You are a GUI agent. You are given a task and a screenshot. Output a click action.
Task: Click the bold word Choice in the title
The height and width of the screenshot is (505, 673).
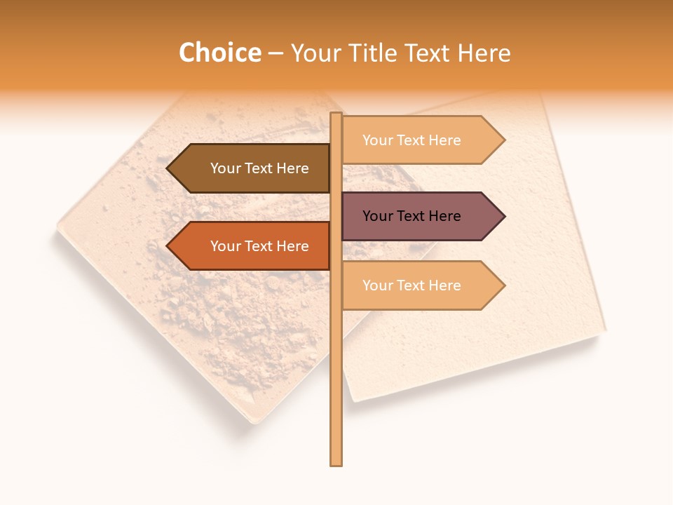pos(219,53)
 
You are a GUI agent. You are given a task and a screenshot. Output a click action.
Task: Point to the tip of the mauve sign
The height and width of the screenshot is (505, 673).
pos(503,216)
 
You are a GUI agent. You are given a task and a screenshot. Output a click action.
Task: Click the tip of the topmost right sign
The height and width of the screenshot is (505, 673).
pos(503,140)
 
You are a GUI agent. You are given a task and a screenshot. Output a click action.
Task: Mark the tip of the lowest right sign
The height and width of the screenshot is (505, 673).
pos(503,285)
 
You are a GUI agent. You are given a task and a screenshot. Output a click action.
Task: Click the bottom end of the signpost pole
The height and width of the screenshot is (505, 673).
pos(336,463)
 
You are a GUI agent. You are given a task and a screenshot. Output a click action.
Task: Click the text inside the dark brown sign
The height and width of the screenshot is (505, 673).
pos(259,168)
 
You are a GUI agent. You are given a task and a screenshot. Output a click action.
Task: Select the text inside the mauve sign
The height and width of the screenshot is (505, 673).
pos(412,216)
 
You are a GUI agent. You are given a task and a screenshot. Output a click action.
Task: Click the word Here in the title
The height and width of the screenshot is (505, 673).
pos(484,53)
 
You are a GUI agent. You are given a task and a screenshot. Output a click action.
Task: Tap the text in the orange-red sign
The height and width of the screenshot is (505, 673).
pos(259,246)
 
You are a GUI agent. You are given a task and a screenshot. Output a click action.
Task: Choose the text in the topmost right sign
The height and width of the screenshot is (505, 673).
pos(412,140)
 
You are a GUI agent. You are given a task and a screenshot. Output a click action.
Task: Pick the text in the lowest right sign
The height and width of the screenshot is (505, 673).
pos(412,285)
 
